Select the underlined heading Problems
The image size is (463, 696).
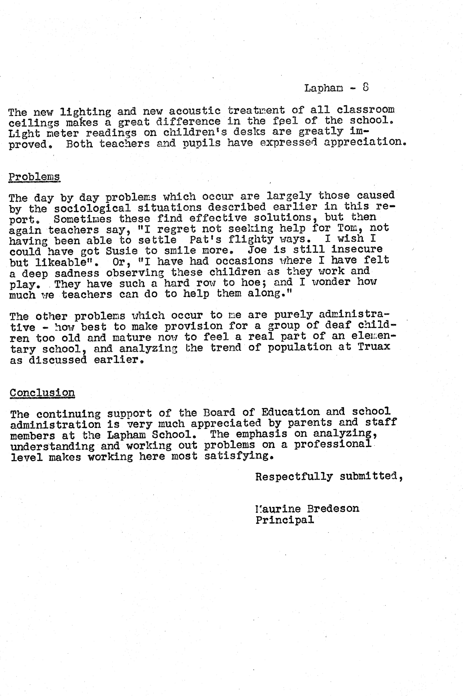tap(34, 177)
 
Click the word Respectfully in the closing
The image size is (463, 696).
tap(294, 477)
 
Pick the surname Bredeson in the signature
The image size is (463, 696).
tap(333, 509)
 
